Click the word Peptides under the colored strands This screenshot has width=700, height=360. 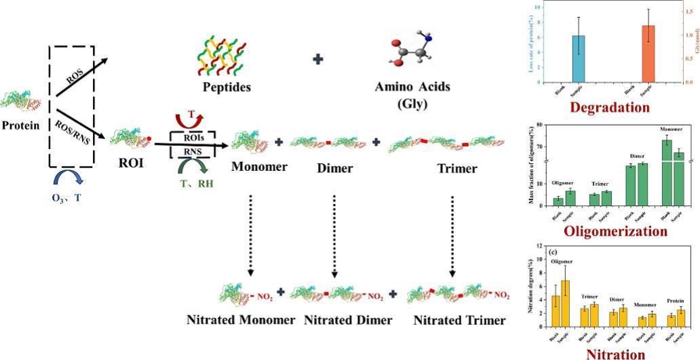point(227,87)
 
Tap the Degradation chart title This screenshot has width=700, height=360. point(610,107)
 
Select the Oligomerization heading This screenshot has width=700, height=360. point(609,231)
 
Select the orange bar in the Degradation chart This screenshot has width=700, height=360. point(648,54)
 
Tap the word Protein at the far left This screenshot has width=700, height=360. point(20,125)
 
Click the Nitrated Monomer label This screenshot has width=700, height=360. point(241,320)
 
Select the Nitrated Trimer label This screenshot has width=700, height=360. point(461,320)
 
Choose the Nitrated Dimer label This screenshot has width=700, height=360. point(348,320)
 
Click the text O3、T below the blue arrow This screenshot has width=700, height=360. point(69,199)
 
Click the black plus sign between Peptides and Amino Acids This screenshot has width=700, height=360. point(317,60)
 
